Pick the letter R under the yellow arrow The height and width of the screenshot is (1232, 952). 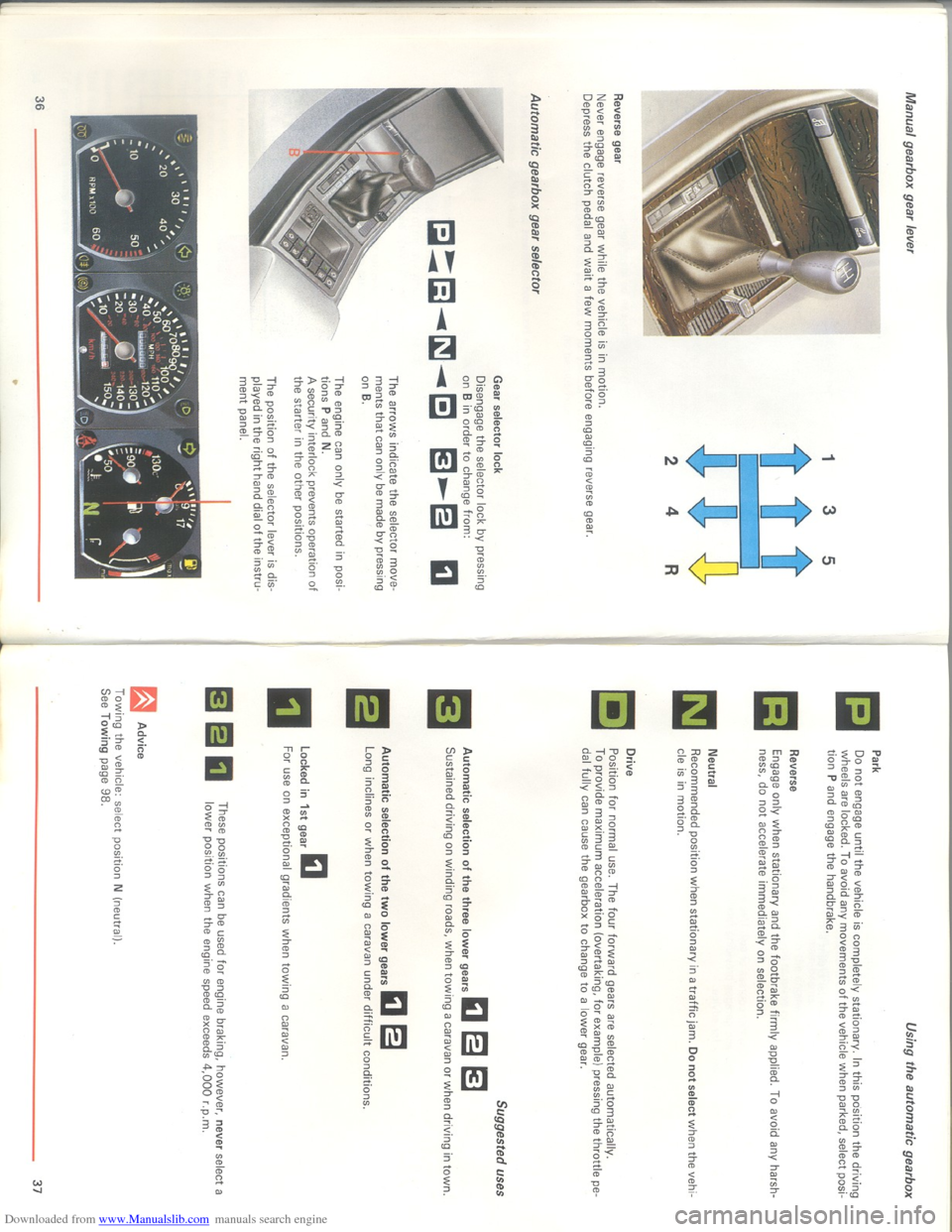point(671,569)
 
